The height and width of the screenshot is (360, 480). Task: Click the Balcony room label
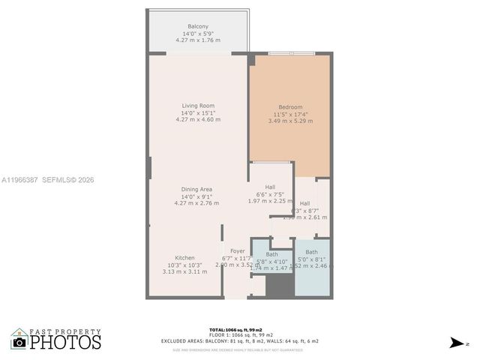(x=198, y=27)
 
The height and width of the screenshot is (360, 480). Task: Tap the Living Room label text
(x=198, y=106)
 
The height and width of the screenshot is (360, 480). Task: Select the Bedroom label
(x=290, y=107)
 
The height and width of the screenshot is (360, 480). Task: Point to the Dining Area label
(x=196, y=189)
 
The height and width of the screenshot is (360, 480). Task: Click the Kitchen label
(x=185, y=258)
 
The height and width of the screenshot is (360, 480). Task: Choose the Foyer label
(x=238, y=251)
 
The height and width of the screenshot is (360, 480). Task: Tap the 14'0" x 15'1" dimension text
(x=198, y=112)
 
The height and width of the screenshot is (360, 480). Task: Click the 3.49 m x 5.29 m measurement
(x=290, y=121)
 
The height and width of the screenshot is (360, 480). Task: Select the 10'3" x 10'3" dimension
(x=185, y=265)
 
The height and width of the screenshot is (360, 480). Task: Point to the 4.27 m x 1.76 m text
(x=198, y=40)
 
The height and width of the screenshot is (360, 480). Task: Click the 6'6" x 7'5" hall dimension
(x=269, y=194)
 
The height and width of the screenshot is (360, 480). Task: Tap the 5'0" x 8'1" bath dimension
(x=311, y=259)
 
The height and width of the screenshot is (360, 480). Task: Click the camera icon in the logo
(x=19, y=343)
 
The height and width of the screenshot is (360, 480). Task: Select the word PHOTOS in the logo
(x=66, y=343)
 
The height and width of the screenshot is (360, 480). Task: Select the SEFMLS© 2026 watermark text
(x=67, y=180)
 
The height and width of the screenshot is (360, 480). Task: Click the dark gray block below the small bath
(x=280, y=285)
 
